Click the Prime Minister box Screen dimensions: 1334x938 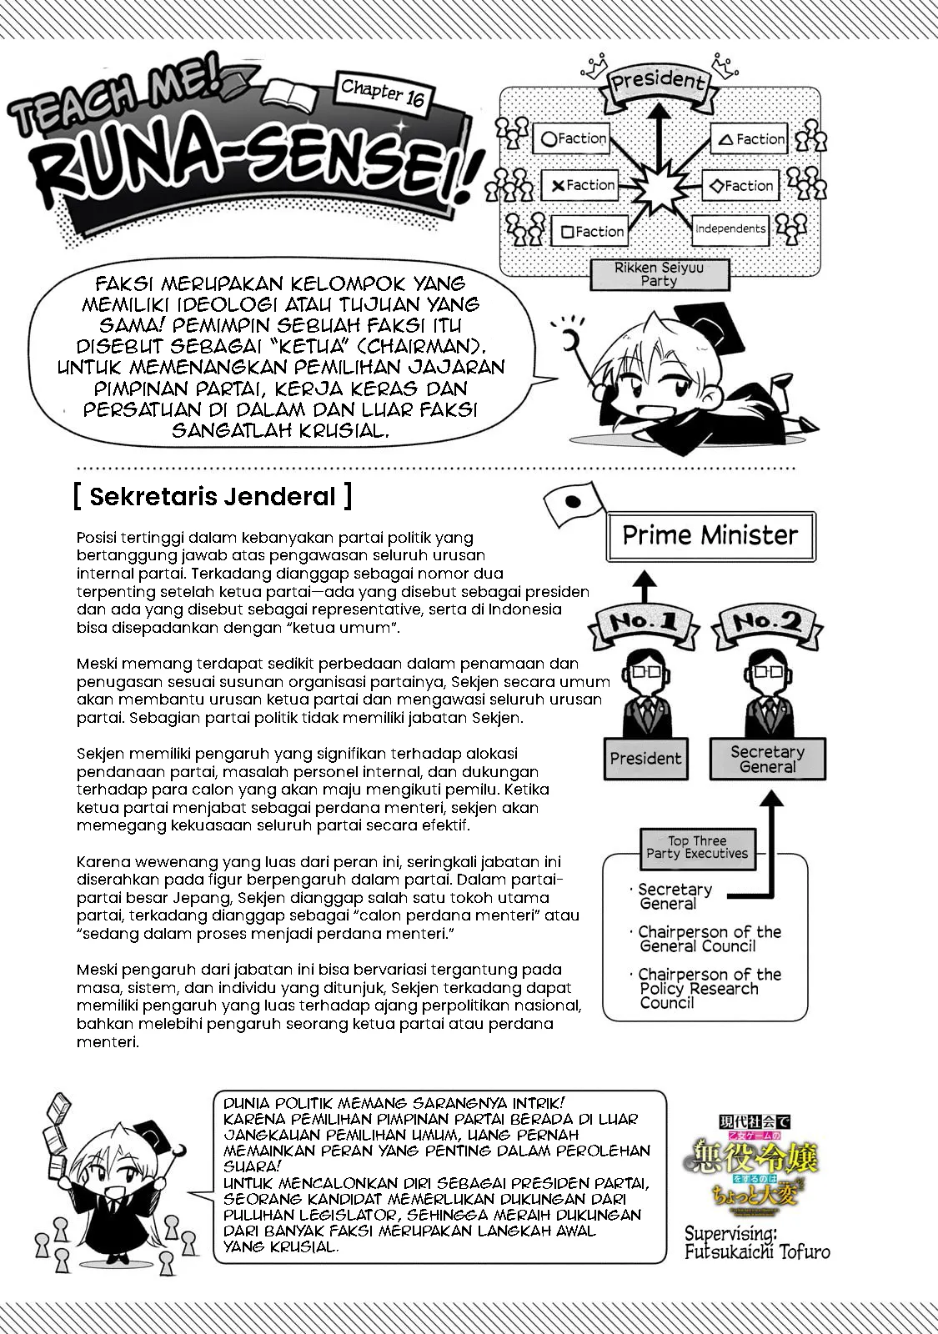pos(710,535)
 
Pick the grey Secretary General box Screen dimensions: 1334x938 pos(767,759)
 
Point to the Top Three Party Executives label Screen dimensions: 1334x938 pos(697,847)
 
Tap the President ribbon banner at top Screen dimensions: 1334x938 pos(659,83)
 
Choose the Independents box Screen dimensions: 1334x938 pos(730,228)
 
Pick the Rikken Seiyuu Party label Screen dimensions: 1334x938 pos(659,274)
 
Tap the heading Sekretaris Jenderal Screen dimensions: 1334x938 pos(212,496)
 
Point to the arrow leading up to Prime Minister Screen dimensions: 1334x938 pos(642,583)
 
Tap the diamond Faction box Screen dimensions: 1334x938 pos(737,186)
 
